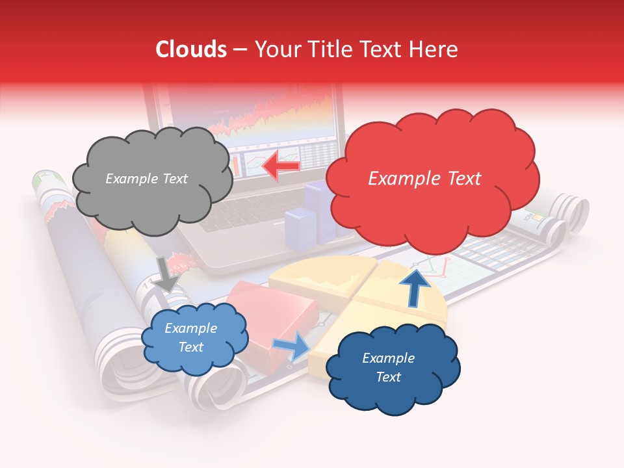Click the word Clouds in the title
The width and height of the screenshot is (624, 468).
(x=191, y=49)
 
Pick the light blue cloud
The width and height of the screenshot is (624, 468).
(x=194, y=338)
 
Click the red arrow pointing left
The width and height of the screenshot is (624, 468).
(x=281, y=166)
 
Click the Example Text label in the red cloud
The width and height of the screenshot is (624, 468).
(x=424, y=178)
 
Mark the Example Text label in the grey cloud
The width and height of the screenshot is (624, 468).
(x=146, y=179)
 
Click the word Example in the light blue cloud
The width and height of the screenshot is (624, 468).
(x=190, y=328)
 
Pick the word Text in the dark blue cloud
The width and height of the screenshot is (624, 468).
(x=388, y=377)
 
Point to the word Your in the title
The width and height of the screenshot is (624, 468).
(x=276, y=49)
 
